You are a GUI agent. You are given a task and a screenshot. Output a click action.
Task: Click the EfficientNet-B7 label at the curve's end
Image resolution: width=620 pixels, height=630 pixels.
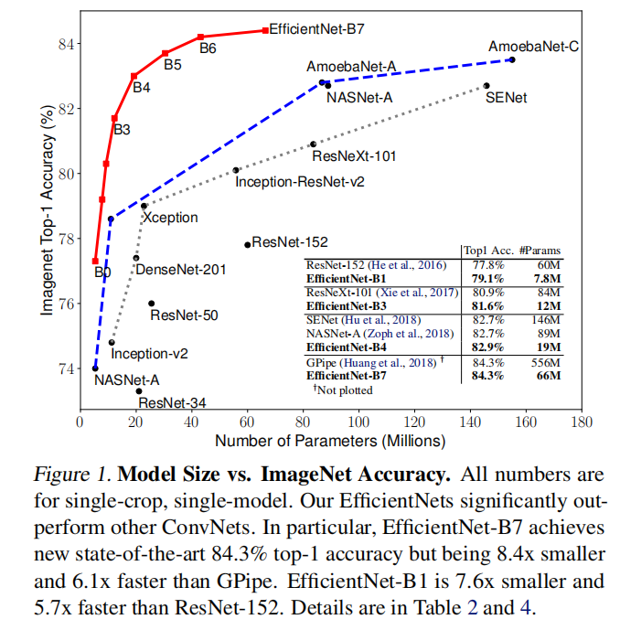316,29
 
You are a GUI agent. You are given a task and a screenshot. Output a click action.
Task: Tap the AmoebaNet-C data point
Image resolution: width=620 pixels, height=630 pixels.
512,59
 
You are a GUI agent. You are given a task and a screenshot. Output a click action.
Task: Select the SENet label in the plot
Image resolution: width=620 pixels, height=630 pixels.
506,98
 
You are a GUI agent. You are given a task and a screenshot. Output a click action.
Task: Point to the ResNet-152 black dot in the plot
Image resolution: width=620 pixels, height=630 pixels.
248,244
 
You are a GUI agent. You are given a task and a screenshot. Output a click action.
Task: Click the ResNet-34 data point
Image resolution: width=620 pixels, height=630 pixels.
139,390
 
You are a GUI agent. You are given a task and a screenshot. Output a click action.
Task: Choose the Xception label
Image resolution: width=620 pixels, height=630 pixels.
170,219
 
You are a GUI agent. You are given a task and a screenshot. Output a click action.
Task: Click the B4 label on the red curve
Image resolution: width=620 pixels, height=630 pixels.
142,89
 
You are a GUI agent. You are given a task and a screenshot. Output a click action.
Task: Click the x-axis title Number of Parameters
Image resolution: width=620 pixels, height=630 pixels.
330,441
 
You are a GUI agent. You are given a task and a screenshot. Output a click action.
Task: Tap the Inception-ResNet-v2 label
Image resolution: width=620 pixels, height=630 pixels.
300,182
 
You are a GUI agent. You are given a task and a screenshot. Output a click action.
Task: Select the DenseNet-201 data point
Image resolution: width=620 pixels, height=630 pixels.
136,258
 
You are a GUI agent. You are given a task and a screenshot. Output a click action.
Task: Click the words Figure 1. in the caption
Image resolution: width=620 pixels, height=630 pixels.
72,475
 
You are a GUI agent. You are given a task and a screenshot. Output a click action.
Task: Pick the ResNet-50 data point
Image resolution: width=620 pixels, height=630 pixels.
151,303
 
